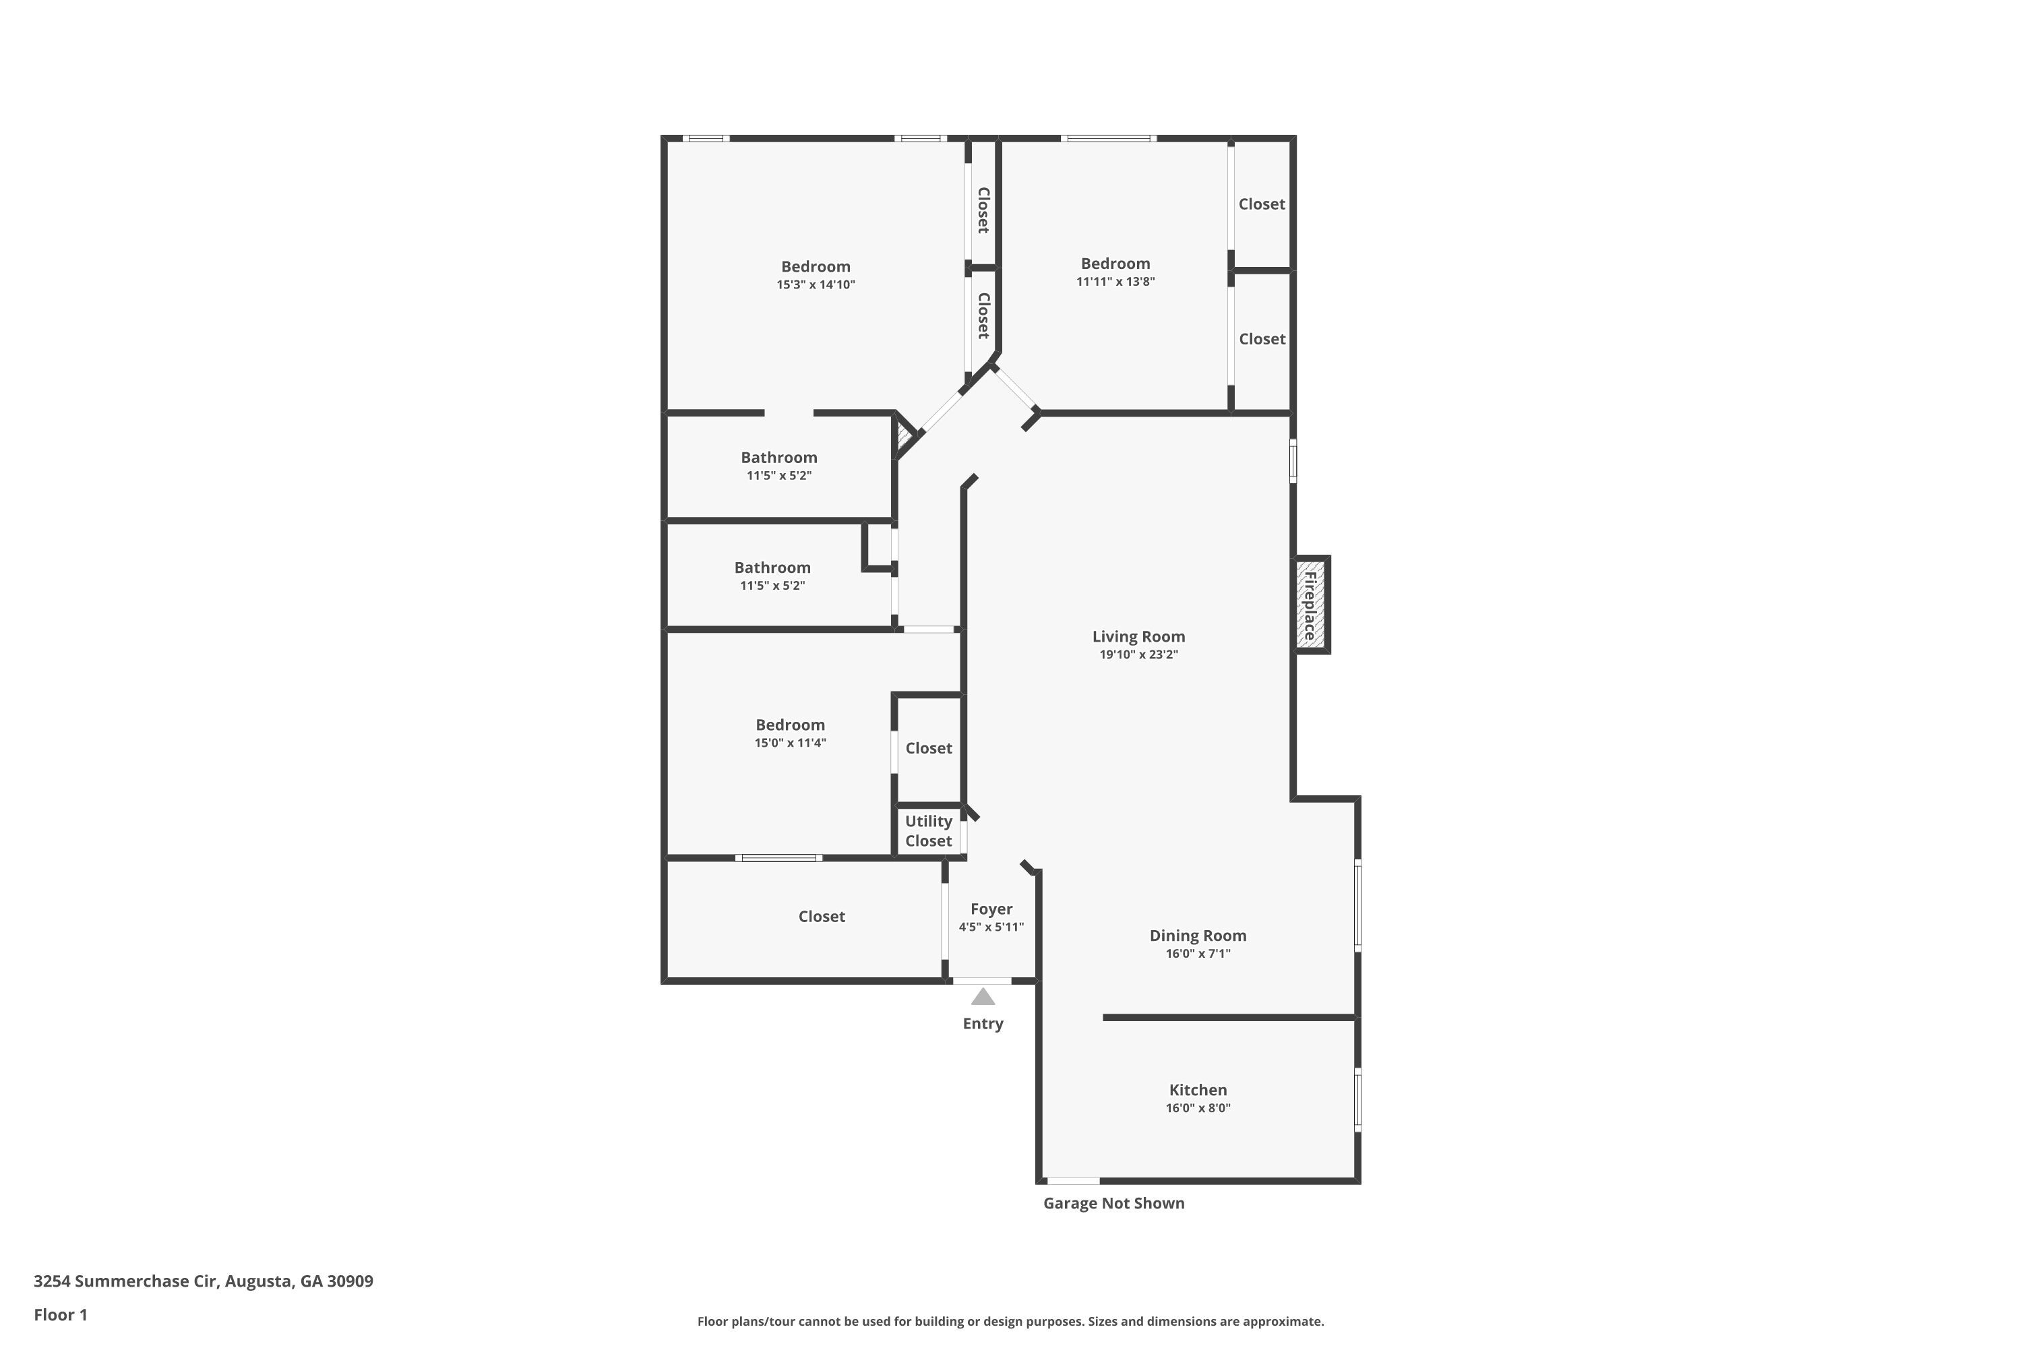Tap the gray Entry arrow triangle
(x=983, y=998)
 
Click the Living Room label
(x=1138, y=637)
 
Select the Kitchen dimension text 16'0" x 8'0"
(x=1198, y=1108)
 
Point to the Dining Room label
(x=1198, y=936)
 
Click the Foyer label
(x=991, y=909)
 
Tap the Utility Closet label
(x=929, y=831)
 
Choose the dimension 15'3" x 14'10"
(x=815, y=284)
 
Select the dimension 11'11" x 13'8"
(x=1115, y=282)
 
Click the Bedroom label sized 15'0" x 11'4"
(x=790, y=725)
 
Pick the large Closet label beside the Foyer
(x=821, y=917)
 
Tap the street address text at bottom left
(x=203, y=1281)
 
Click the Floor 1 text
(x=60, y=1314)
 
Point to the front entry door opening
(x=982, y=981)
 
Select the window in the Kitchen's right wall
(x=1357, y=1098)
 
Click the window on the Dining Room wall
(x=1357, y=905)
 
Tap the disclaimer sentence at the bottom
(x=1010, y=1321)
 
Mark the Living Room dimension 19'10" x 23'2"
(x=1138, y=655)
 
